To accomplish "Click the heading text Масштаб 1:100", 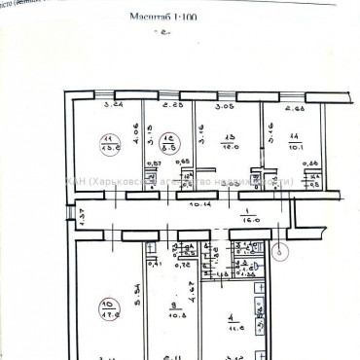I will click(x=163, y=17).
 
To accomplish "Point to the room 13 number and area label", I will click(x=231, y=142).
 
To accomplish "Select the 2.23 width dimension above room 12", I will click(x=174, y=105).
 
